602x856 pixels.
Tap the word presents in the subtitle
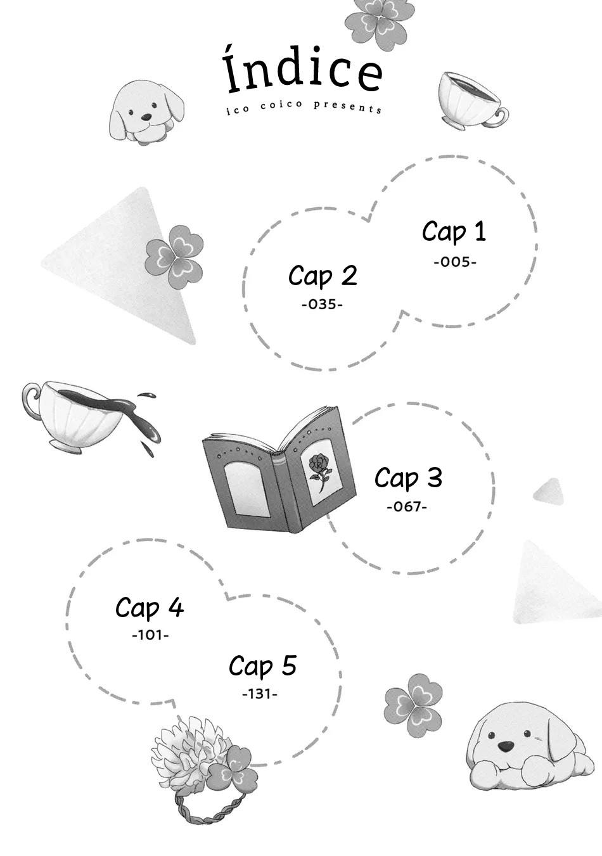[347, 107]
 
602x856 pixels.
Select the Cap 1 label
[454, 232]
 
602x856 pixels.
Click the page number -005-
[455, 262]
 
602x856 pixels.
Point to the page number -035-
[321, 305]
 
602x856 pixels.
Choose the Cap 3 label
[408, 478]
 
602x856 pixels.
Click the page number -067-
[407, 507]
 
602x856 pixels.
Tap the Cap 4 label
[150, 607]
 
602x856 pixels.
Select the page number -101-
[150, 636]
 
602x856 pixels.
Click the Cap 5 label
[262, 665]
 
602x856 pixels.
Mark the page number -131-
[260, 694]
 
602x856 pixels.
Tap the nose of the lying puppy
[506, 755]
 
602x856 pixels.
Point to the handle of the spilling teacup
[31, 400]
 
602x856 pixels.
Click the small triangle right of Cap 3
[549, 490]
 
